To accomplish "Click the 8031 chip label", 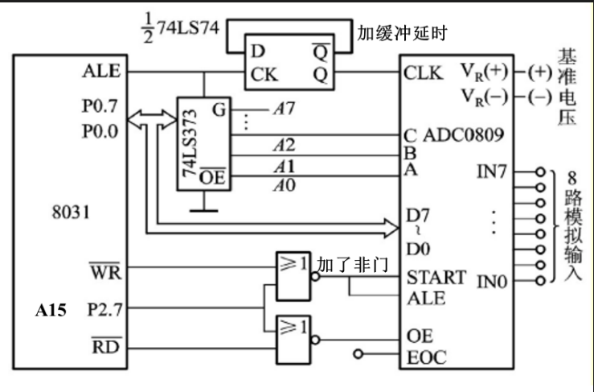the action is [71, 213].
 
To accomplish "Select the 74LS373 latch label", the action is [190, 143].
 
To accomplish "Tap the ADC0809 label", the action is [463, 134].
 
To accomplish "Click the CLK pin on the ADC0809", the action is [423, 73].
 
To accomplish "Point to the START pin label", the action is [436, 278].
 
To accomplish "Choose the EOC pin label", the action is [426, 357].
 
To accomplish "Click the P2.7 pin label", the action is [105, 310].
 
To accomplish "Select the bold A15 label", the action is [51, 311].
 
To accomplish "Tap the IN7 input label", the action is [491, 171].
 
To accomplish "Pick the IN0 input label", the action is [492, 282].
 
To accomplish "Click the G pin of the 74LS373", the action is [219, 109].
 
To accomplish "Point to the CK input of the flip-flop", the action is [264, 74].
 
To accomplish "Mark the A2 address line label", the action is [284, 145].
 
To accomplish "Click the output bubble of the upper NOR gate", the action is [315, 277].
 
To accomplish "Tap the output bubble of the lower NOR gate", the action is [315, 340].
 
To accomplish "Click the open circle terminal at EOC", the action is [358, 354].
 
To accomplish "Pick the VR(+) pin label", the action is [484, 72].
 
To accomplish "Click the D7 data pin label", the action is [418, 216].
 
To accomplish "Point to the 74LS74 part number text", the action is [188, 27].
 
